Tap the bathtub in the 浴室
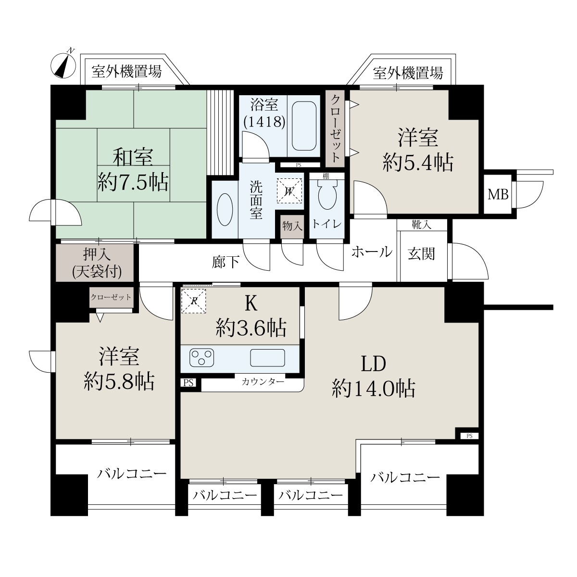(304, 126)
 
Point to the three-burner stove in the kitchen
(202, 358)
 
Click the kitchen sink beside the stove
(267, 358)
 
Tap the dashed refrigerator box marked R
(194, 301)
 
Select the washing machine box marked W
(289, 191)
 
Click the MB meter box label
(498, 195)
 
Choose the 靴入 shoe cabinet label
(422, 225)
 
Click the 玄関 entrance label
(421, 254)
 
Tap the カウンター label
(263, 382)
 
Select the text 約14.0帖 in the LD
(374, 389)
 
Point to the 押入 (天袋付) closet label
(97, 263)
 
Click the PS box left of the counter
(188, 383)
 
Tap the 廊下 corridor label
(226, 263)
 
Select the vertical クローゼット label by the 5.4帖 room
(335, 128)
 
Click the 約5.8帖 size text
(119, 381)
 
